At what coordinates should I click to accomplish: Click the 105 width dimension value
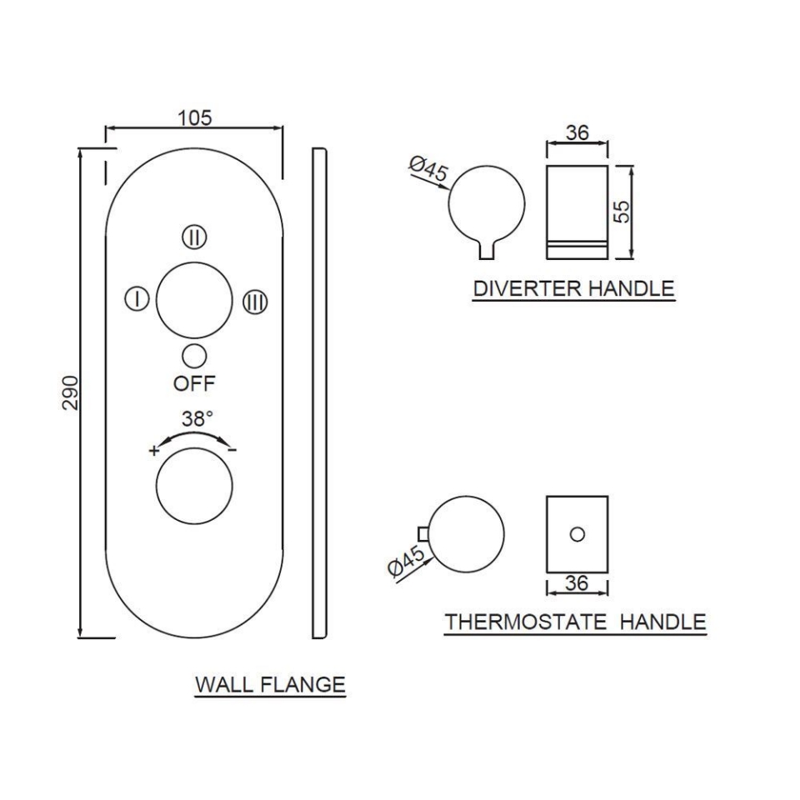point(195,117)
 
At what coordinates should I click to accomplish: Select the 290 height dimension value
point(70,392)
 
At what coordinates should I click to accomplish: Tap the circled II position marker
point(194,237)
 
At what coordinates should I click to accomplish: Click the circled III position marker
point(254,302)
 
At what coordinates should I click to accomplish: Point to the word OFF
point(194,384)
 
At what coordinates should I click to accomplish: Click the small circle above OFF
point(194,357)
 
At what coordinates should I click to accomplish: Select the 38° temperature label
point(197,419)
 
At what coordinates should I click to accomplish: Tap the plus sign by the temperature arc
point(153,451)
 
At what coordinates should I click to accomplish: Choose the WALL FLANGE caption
point(270,685)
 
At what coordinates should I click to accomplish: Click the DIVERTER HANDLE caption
point(573,289)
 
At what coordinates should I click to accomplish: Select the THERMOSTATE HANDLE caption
point(575,622)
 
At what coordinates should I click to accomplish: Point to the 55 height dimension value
point(621,211)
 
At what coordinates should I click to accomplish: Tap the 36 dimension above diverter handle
point(577,132)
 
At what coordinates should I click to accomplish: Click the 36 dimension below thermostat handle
point(577,584)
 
